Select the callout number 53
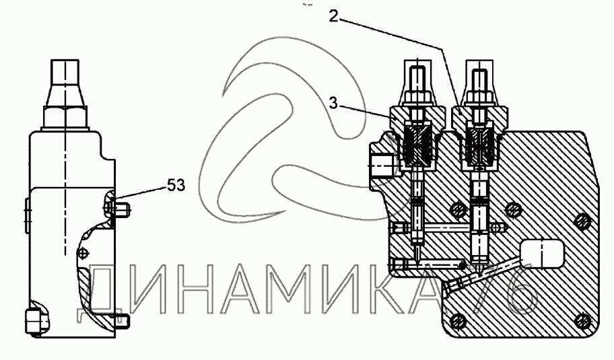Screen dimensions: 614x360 [x=176, y=184]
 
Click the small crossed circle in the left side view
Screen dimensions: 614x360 [x=82, y=252]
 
